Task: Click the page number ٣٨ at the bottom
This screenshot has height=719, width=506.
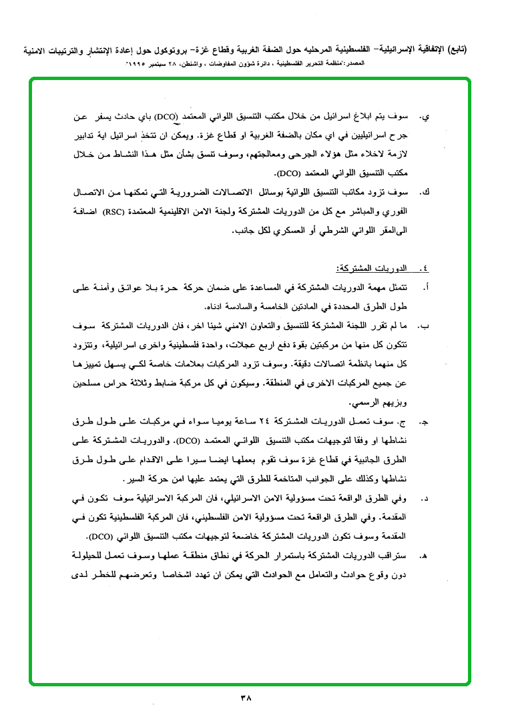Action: click(244, 699)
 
